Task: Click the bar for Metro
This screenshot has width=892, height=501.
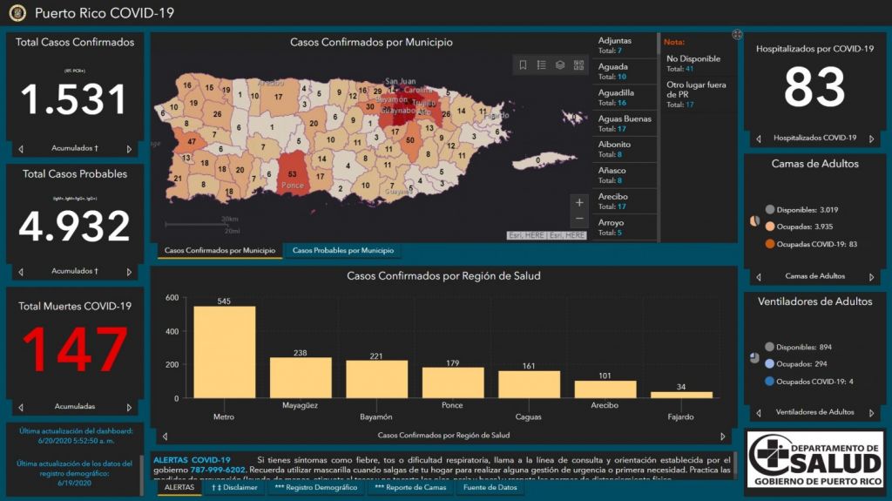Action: (x=224, y=352)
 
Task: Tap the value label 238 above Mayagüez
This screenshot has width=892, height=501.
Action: (x=301, y=353)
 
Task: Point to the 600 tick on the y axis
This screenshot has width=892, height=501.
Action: (x=172, y=298)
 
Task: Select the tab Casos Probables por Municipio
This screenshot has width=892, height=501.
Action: (x=343, y=251)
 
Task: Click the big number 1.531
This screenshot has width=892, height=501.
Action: (x=74, y=99)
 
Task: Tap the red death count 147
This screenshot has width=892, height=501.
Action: (x=74, y=349)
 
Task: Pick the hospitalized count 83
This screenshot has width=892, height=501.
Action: (x=814, y=87)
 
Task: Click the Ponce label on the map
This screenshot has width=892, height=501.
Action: (x=293, y=186)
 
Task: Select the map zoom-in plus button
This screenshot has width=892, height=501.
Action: (x=579, y=202)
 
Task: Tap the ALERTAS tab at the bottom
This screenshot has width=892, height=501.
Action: (x=179, y=488)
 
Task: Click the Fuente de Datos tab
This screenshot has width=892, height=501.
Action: (x=490, y=488)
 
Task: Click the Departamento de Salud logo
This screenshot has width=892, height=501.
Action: (x=814, y=459)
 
